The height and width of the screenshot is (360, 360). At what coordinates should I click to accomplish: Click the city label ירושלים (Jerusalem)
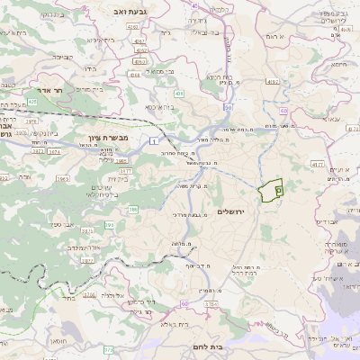click(x=232, y=211)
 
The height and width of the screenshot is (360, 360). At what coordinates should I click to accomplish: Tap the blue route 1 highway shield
click(x=155, y=142)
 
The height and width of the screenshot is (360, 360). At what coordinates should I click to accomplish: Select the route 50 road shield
click(x=229, y=107)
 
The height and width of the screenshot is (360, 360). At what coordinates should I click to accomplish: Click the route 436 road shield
click(x=180, y=93)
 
